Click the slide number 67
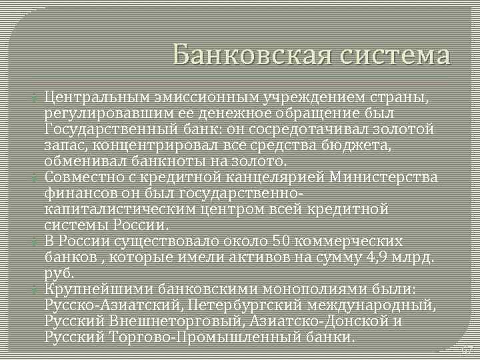pyautogui.click(x=467, y=350)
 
